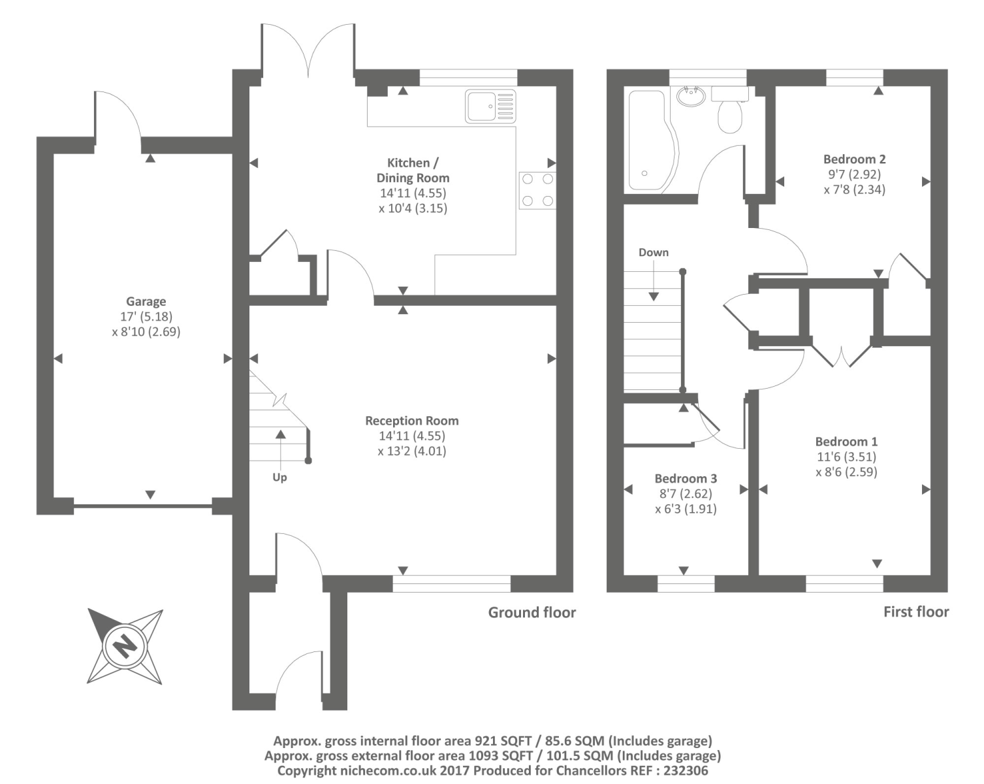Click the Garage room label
(x=146, y=302)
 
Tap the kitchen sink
(x=490, y=106)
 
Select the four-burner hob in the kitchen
(x=538, y=190)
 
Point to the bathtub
(x=651, y=140)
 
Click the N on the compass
(x=124, y=646)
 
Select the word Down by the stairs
(x=654, y=252)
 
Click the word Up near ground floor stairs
(x=280, y=478)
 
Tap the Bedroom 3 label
(x=686, y=479)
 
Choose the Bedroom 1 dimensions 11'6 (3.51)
(x=846, y=457)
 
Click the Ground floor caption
(x=532, y=612)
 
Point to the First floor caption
(x=916, y=612)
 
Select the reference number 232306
(x=685, y=771)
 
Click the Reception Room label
(x=411, y=421)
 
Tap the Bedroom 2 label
(x=854, y=159)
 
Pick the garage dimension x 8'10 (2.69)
(x=146, y=332)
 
